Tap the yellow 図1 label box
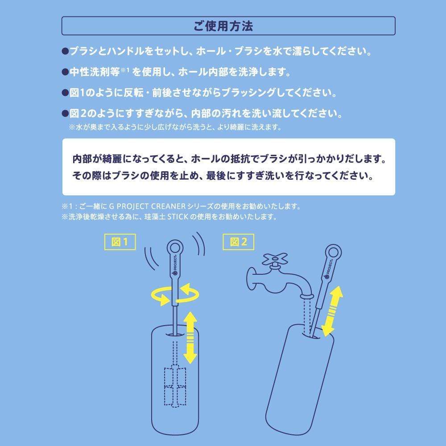pyautogui.click(x=120, y=242)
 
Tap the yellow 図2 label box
pyautogui.click(x=238, y=242)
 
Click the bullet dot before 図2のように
pyautogui.click(x=65, y=114)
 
